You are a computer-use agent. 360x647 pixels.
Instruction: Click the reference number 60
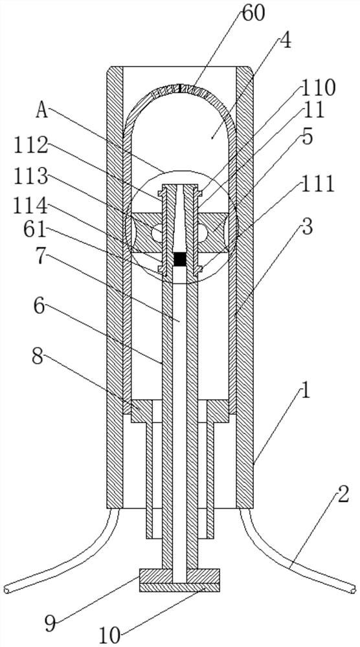253,14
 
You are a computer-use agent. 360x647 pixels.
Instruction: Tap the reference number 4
286,41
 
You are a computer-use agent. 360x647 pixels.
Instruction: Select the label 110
319,88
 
